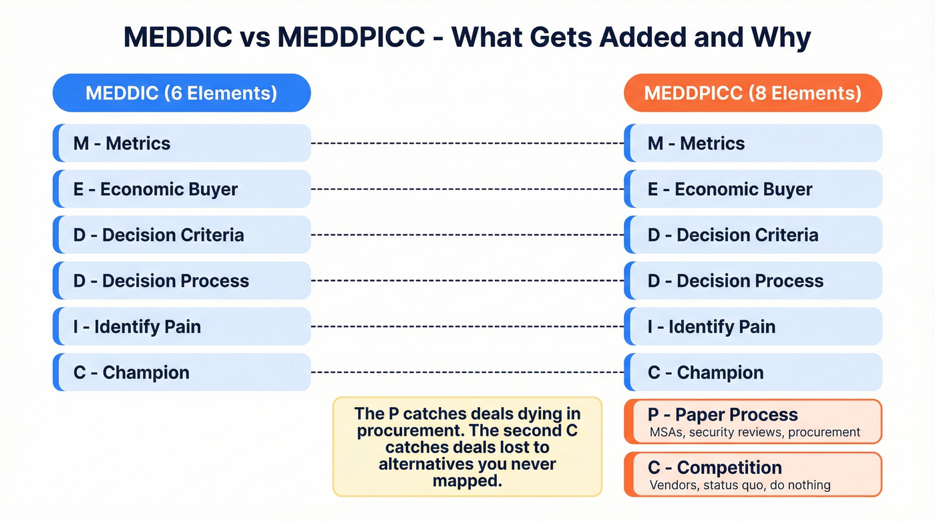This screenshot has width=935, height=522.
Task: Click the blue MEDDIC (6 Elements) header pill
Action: [181, 92]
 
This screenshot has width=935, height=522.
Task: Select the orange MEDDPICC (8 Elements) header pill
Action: [753, 92]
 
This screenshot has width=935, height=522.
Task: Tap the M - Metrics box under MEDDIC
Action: [181, 143]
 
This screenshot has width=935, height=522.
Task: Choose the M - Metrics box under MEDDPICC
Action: [753, 143]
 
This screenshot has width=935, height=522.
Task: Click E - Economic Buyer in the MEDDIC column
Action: [181, 189]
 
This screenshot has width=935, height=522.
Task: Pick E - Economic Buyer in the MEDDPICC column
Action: [753, 189]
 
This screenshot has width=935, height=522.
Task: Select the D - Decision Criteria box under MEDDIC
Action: [181, 235]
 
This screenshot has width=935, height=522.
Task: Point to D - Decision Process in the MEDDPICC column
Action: [753, 281]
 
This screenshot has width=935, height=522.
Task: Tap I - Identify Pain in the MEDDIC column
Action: [181, 326]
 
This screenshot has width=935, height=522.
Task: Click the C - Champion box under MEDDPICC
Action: [753, 372]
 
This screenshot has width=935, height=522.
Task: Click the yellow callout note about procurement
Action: [467, 446]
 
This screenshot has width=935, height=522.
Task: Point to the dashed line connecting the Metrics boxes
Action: [467, 143]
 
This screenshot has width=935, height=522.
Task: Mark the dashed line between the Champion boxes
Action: [467, 372]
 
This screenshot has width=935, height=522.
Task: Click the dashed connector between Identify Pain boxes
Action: [467, 326]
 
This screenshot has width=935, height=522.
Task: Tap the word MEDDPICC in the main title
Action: [351, 37]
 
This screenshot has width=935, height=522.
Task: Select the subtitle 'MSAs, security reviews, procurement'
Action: [755, 432]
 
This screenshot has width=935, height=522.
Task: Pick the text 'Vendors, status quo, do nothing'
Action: [740, 485]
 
